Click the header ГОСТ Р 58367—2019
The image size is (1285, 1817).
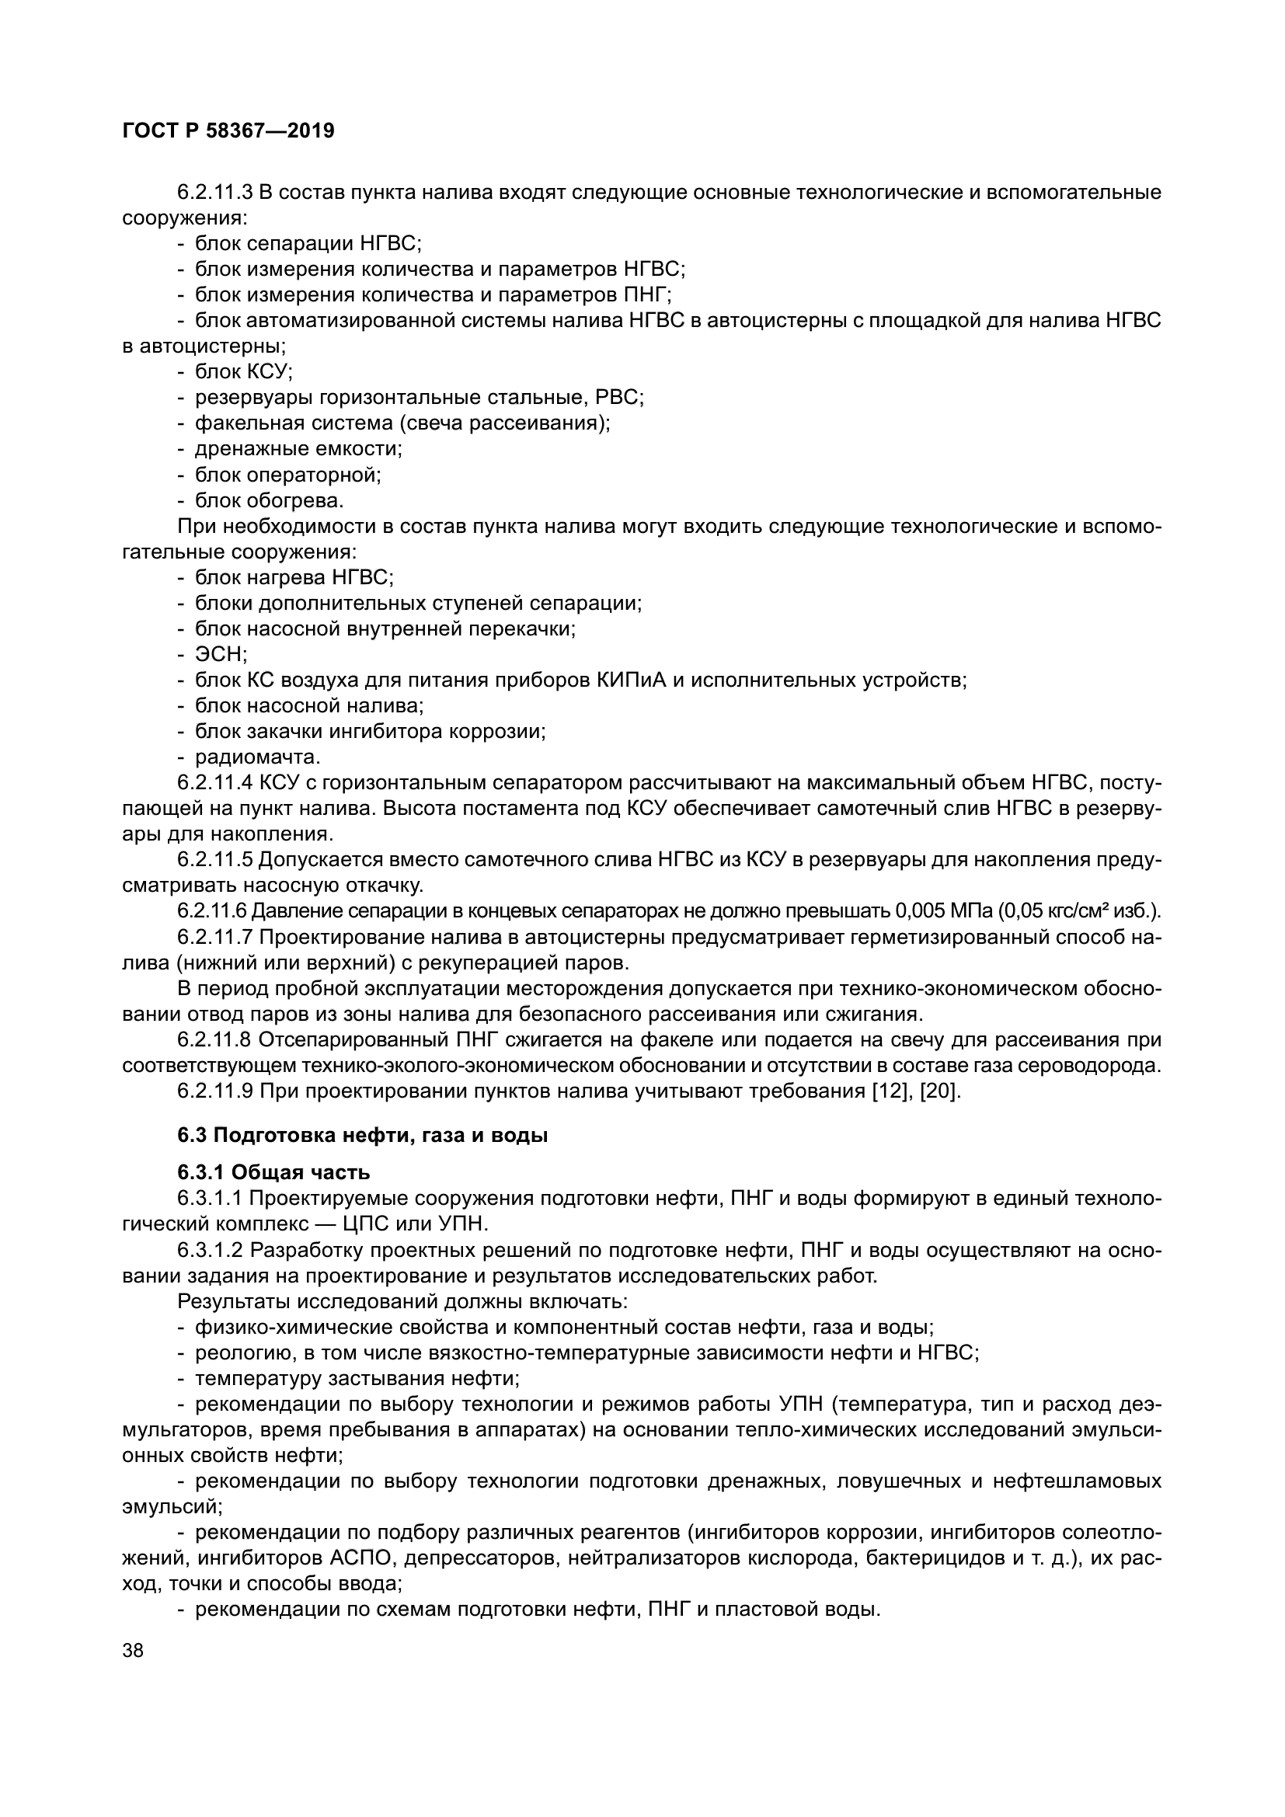228,131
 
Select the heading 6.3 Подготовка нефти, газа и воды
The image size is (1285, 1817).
362,1136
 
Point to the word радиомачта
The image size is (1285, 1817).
257,757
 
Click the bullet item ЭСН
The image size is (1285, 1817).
221,654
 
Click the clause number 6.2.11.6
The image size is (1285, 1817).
212,911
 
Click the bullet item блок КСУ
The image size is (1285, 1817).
244,372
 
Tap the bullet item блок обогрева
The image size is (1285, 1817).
269,501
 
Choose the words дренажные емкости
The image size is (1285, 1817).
298,450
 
